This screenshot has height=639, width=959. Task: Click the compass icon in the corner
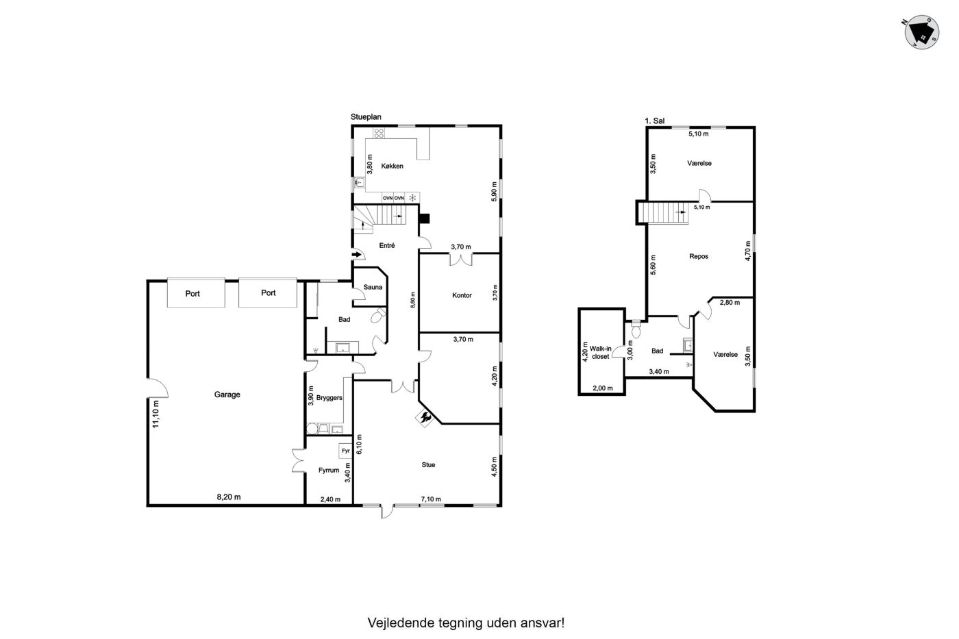(922, 32)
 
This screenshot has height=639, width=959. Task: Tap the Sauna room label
(373, 287)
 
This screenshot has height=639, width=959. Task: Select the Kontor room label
(462, 295)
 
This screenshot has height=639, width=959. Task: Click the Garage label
(227, 394)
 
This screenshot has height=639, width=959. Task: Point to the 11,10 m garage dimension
(156, 414)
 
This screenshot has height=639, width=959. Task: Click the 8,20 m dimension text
(229, 497)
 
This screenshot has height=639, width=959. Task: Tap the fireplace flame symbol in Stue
(425, 418)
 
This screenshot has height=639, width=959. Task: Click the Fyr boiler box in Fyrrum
(345, 451)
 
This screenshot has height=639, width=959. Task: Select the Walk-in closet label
(600, 352)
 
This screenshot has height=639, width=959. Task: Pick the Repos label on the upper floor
(699, 256)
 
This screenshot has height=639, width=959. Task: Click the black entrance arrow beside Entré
(357, 255)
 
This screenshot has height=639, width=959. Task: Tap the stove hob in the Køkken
(378, 133)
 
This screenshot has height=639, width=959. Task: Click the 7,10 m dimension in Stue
(431, 499)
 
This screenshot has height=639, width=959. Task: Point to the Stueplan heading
(366, 117)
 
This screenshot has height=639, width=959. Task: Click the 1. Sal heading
(655, 121)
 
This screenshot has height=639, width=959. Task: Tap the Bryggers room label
(329, 398)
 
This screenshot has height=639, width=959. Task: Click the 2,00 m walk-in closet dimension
(602, 388)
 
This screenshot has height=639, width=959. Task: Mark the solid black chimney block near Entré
(424, 218)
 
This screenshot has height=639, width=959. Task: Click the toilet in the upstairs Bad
(636, 329)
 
